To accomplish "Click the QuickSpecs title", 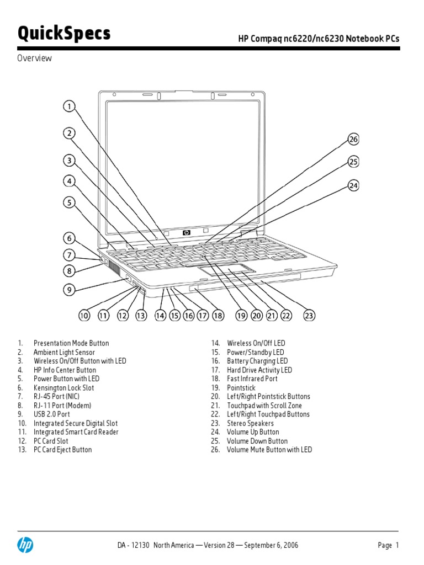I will pyautogui.click(x=64, y=34).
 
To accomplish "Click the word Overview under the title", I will pyautogui.click(x=34, y=58).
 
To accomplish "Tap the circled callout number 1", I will pyautogui.click(x=69, y=106).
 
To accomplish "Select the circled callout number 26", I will pyautogui.click(x=353, y=140).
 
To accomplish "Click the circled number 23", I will pyautogui.click(x=309, y=316).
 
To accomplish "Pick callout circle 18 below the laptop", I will pyautogui.click(x=218, y=316).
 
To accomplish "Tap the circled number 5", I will pyautogui.click(x=69, y=202).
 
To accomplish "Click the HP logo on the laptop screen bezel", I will pyautogui.click(x=186, y=233).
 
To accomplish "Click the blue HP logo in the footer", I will pyautogui.click(x=25, y=545).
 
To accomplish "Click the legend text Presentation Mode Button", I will pyautogui.click(x=71, y=343).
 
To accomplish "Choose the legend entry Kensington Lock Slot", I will pyautogui.click(x=63, y=388).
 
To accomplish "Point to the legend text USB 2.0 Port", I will pyautogui.click(x=52, y=414).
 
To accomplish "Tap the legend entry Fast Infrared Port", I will pyautogui.click(x=252, y=379).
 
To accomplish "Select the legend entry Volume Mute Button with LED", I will pyautogui.click(x=269, y=450).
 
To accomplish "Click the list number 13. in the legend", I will pyautogui.click(x=22, y=450).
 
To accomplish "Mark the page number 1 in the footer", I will pyautogui.click(x=396, y=545).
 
